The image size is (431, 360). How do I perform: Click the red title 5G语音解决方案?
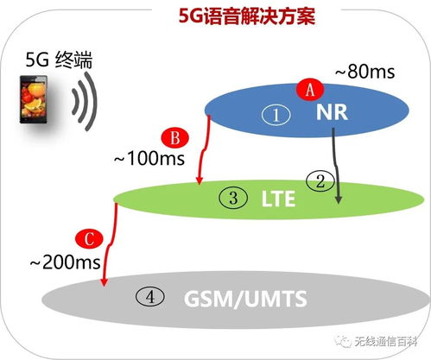point(247,16)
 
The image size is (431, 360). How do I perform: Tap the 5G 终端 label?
point(59,60)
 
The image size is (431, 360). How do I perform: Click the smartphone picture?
point(34,99)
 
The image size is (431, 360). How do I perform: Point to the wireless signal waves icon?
point(84,101)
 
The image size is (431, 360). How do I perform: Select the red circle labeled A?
point(310,90)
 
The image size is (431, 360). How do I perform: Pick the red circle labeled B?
point(174,138)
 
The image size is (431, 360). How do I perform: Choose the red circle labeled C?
point(89,239)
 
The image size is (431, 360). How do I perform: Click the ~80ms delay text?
point(364,72)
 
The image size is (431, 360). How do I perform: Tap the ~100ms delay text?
point(149,158)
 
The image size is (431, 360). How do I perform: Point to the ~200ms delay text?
point(65,262)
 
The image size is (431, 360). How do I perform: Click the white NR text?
point(332,112)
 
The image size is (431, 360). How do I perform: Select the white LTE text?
point(278,199)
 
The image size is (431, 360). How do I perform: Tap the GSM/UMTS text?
point(245,299)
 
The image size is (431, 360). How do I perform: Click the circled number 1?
point(276,115)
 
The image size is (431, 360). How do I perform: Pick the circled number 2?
point(320,181)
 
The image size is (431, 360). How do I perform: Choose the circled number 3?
point(233,198)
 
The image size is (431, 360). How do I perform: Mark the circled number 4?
point(150,297)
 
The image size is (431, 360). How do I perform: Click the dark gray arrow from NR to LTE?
point(336,166)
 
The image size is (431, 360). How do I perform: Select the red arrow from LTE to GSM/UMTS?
point(111,244)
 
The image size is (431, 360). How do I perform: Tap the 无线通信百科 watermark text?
point(386,342)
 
